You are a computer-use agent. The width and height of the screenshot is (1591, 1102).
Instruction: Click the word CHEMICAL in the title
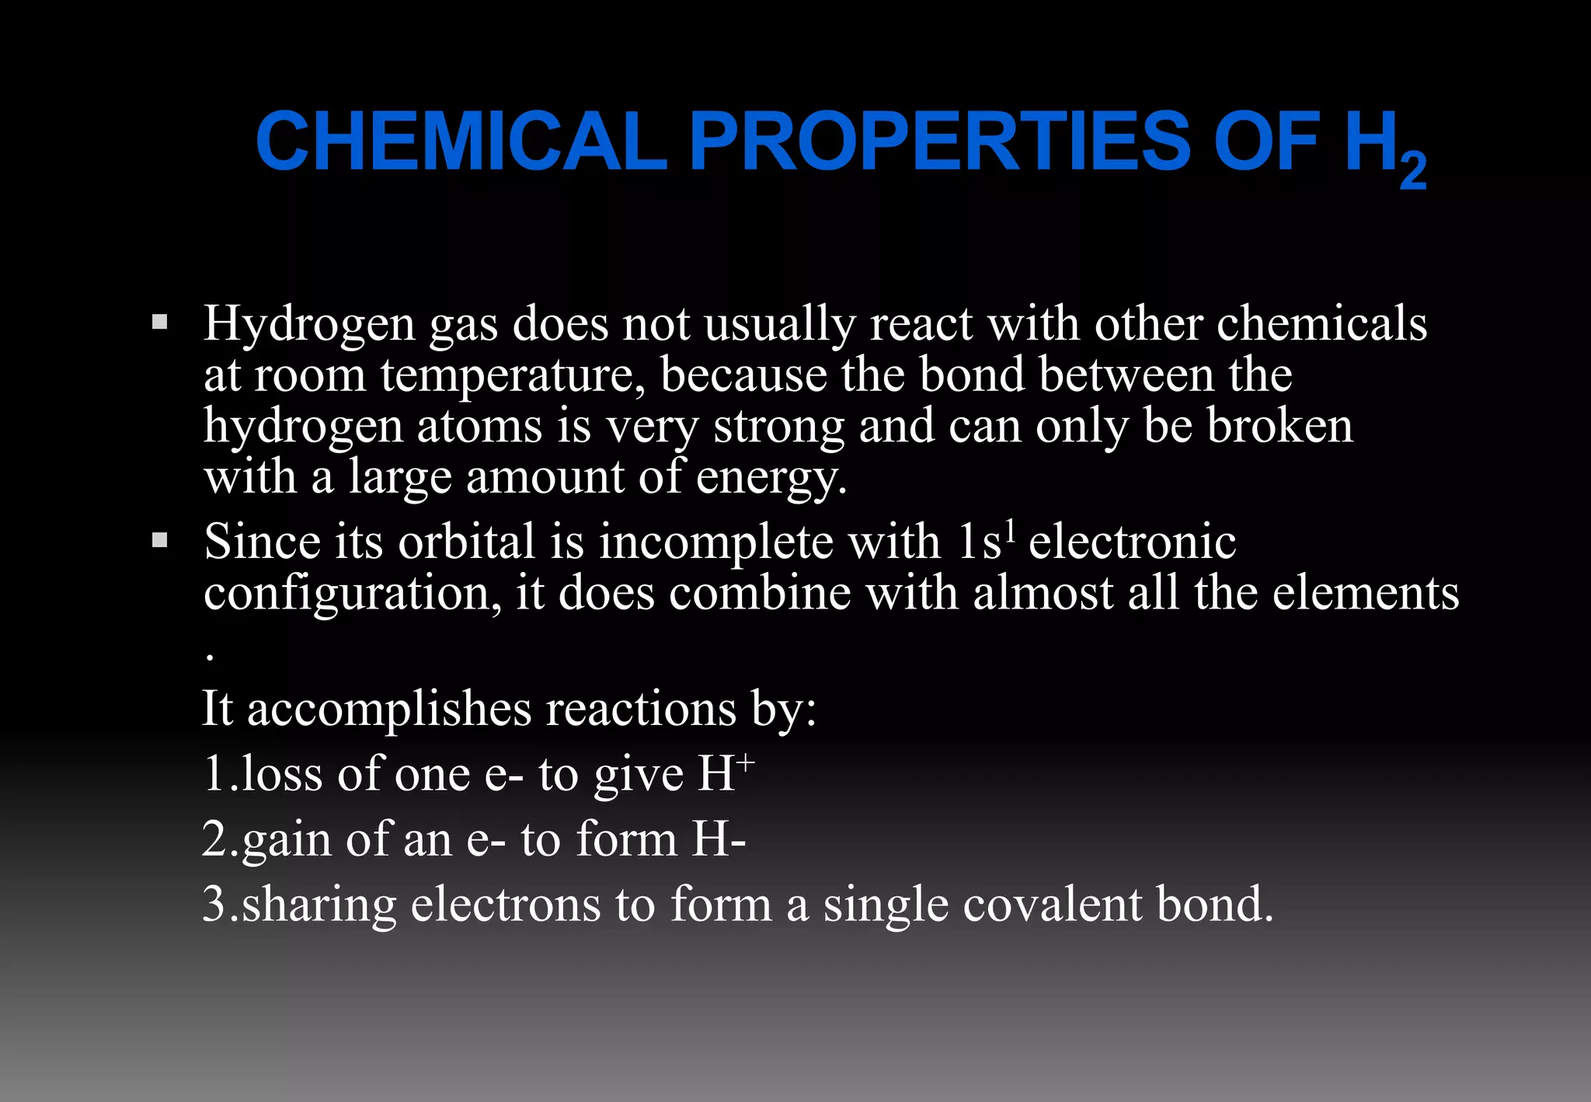(x=461, y=141)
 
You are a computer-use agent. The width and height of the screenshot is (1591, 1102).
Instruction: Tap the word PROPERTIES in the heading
(x=939, y=141)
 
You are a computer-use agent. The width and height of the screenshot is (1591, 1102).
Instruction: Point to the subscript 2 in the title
(x=1413, y=172)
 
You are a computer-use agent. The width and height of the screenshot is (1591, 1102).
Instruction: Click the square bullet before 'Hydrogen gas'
(x=160, y=322)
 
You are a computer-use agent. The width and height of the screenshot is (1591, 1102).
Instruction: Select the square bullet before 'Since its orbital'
(x=160, y=540)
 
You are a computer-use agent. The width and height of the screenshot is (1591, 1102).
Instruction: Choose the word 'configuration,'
(x=353, y=595)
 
